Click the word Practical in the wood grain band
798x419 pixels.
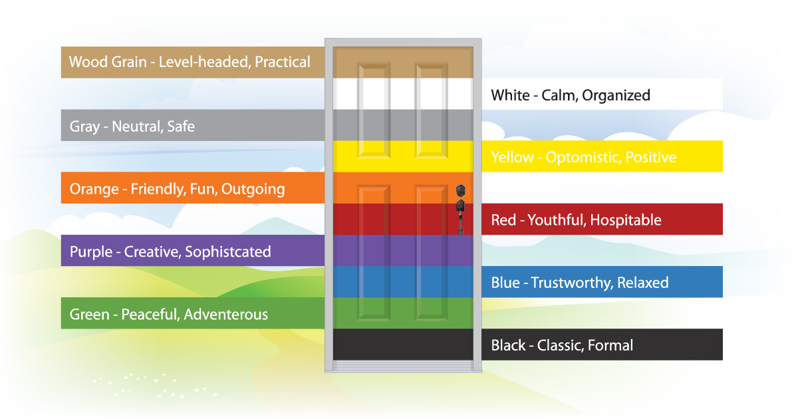pos(283,63)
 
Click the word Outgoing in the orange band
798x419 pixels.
pos(253,190)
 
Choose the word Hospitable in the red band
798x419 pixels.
pos(626,220)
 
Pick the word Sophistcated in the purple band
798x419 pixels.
pos(228,252)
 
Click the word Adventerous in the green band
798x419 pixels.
pos(226,315)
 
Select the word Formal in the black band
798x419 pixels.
pos(610,346)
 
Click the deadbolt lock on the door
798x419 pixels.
pos(461,191)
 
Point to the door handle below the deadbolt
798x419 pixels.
pos(461,217)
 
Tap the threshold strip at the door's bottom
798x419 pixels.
pos(403,365)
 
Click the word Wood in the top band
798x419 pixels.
pos(88,63)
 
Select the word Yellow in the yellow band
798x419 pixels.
pos(512,158)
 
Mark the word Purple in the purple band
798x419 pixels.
pos(91,252)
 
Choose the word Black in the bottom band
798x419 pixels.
pos(508,346)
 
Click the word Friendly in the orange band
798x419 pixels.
pos(158,190)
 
